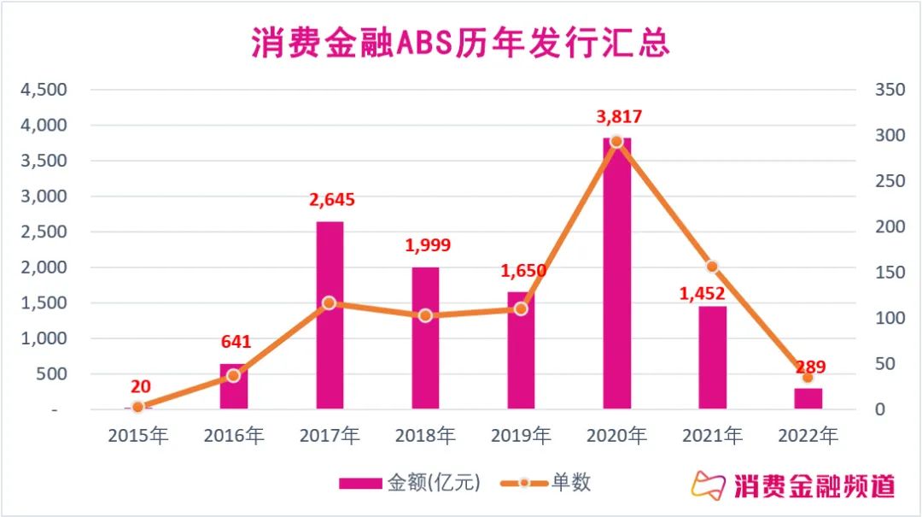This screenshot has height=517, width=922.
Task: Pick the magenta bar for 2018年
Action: pos(425,338)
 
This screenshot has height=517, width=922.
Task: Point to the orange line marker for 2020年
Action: pos(616,142)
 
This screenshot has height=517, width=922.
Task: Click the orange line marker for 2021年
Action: pos(712,267)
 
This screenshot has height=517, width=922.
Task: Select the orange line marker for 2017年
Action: pos(330,303)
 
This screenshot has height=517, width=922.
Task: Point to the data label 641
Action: pos(236,342)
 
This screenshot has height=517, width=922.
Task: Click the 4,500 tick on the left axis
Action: pos(44,90)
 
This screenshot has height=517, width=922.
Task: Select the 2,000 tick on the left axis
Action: pos(44,267)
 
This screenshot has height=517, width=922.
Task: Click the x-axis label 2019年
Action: pos(521,436)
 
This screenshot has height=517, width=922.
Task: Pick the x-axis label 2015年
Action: pos(138,436)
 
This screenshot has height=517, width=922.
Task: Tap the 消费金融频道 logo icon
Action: pos(709,485)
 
